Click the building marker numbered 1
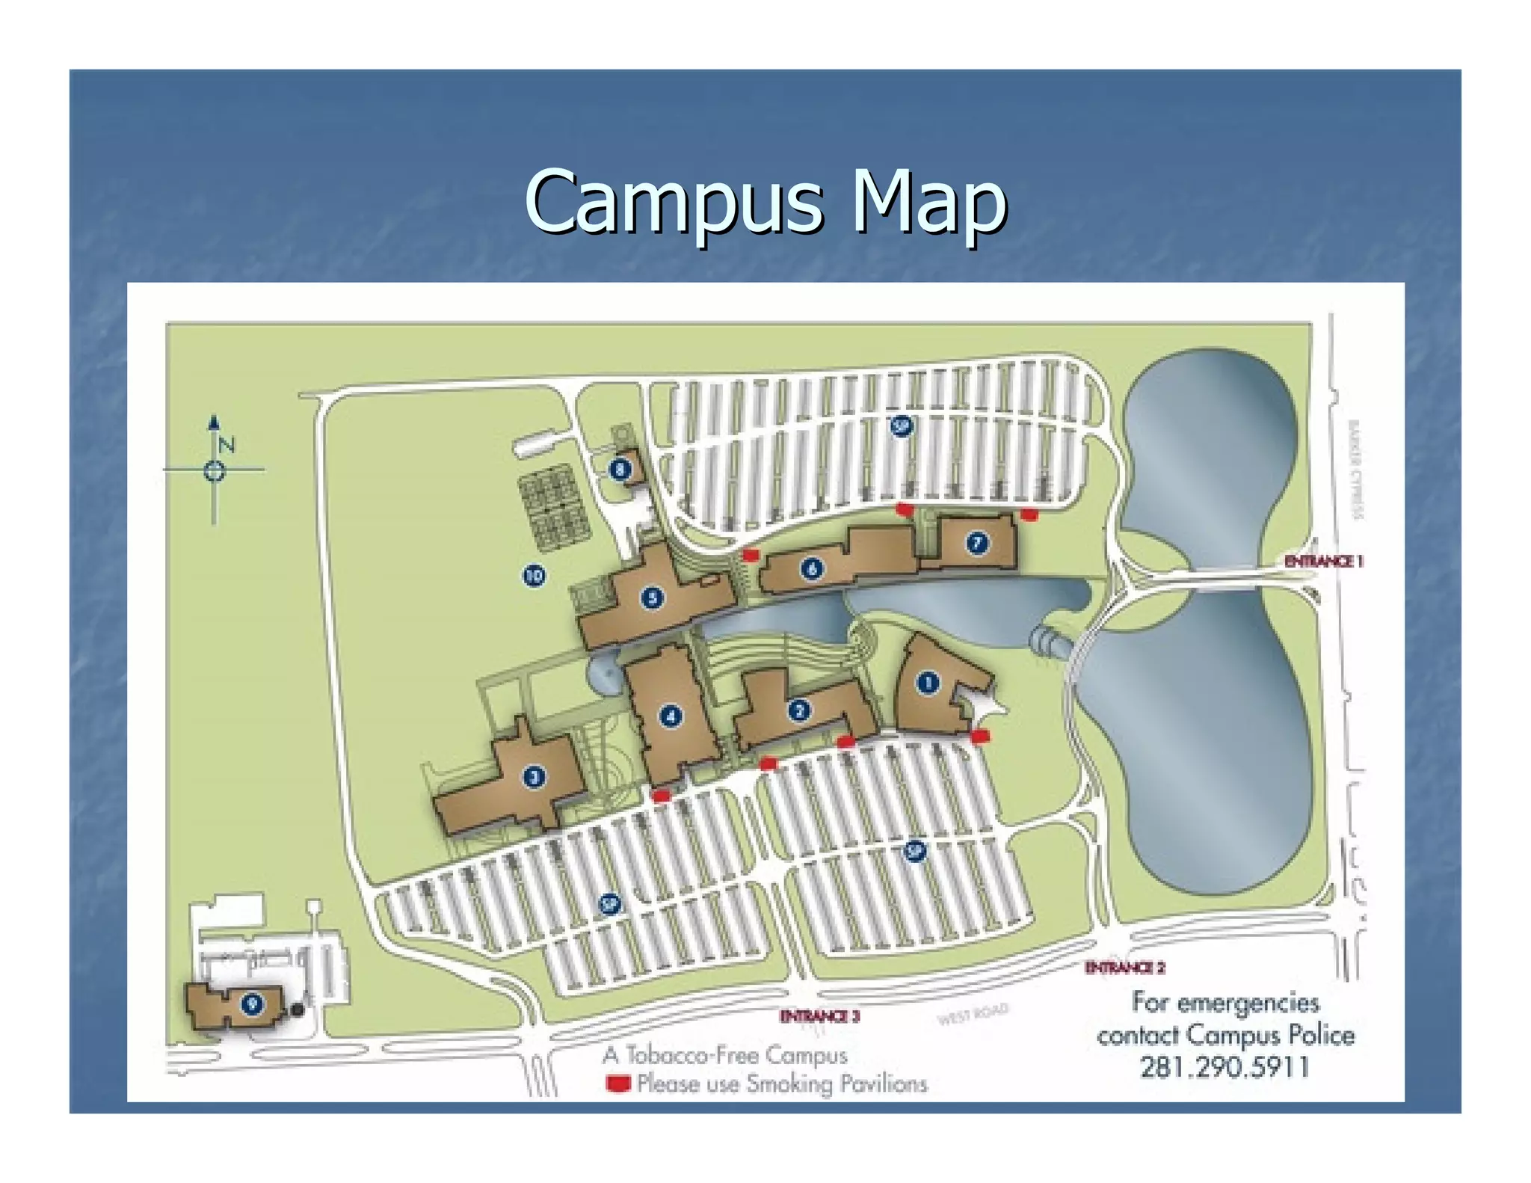point(927,682)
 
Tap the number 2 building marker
point(799,710)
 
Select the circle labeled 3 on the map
point(534,776)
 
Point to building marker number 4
point(671,716)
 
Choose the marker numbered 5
point(653,597)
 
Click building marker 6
point(812,569)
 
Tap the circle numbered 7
point(977,543)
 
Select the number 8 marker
point(620,470)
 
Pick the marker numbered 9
point(252,1004)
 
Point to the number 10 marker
point(534,575)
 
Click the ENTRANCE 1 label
point(1323,561)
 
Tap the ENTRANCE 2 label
point(1124,968)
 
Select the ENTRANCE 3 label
point(819,1015)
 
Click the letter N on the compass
point(227,445)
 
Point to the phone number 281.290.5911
point(1225,1066)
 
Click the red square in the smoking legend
point(617,1083)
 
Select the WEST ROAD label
point(973,1015)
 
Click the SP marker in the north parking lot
point(902,426)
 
